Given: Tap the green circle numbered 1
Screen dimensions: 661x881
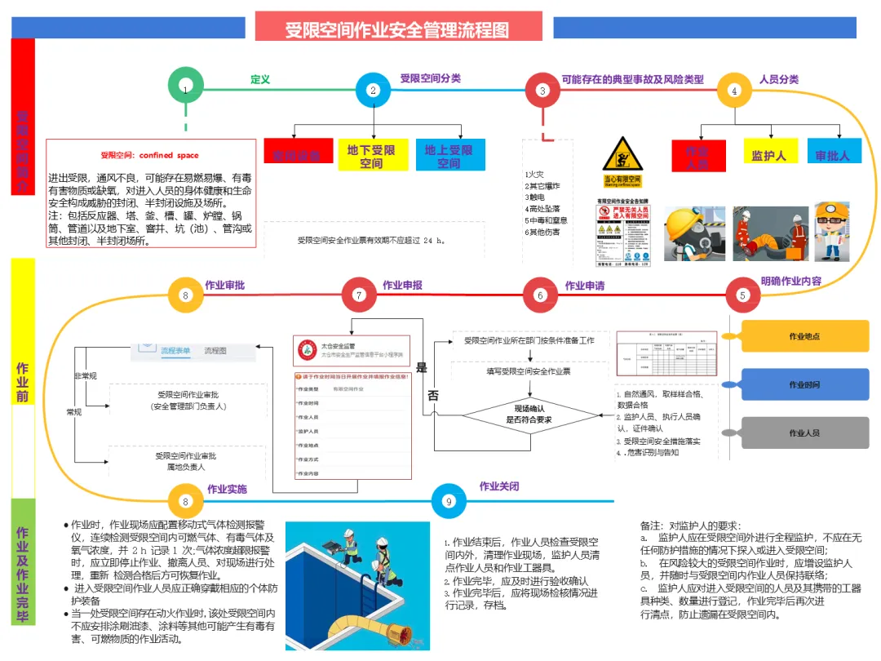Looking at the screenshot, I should [x=186, y=89].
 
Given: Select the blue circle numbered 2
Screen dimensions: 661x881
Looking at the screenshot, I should [x=374, y=91].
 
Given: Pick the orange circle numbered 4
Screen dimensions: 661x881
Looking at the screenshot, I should [x=734, y=91].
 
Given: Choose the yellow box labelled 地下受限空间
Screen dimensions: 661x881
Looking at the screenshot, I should [x=372, y=155].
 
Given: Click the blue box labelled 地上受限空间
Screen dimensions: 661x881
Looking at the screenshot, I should [x=449, y=155].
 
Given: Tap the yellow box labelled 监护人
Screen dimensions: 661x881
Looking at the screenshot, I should [x=768, y=153].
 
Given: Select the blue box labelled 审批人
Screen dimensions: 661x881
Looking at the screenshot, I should [x=833, y=153].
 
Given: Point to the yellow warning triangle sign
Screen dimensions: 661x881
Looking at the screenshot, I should [x=623, y=155].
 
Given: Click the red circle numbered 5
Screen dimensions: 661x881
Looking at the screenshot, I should [x=742, y=295].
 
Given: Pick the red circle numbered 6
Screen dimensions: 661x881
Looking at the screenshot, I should [x=540, y=295].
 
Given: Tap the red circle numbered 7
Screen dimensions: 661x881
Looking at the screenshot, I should [x=359, y=295].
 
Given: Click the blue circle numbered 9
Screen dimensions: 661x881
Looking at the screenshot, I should [x=448, y=502].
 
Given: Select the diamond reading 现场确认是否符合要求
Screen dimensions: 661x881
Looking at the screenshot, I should [x=529, y=414].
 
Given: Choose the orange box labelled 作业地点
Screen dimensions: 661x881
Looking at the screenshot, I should [x=804, y=335].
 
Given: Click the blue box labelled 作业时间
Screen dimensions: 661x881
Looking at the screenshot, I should [x=804, y=384].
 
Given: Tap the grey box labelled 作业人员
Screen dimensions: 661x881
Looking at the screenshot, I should [x=804, y=433].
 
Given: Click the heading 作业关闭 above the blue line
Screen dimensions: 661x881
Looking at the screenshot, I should [x=498, y=486].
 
